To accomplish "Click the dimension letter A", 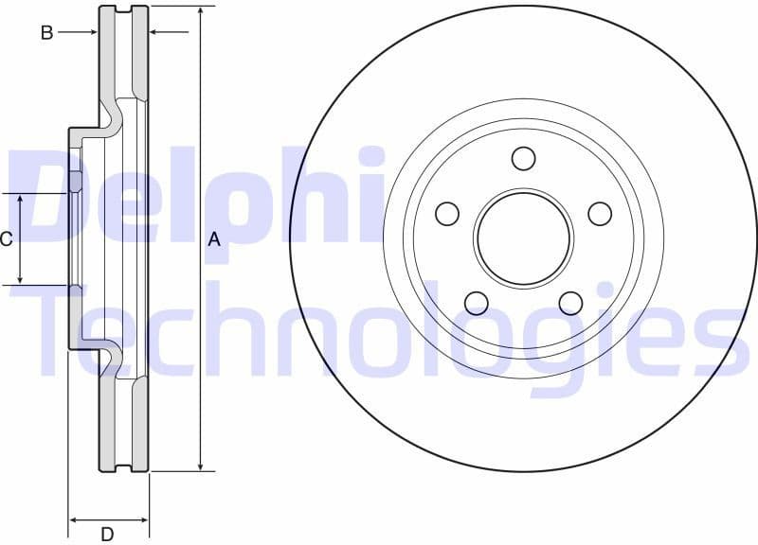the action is point(214,240).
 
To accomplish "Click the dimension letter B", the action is point(45,32).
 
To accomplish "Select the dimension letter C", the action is point(7,239).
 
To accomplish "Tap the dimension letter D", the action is point(108,535).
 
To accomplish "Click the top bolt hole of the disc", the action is point(524,158).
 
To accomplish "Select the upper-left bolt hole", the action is point(447,214).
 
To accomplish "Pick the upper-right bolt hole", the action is point(600,214).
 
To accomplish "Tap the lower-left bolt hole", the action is point(476,303).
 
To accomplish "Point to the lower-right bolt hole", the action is point(570,303).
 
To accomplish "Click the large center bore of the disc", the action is point(524,237).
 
